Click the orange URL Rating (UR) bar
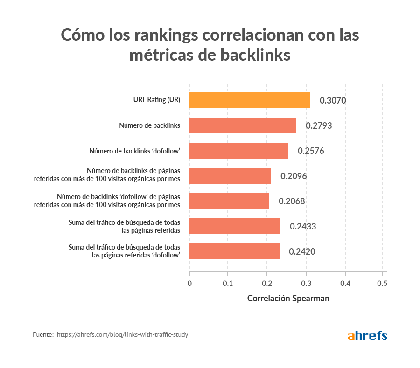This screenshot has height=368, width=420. tap(250, 100)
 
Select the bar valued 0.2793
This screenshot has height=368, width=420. tap(243, 125)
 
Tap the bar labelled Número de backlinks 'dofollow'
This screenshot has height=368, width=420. tap(238, 151)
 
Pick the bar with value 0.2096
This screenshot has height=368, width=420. tap(230, 176)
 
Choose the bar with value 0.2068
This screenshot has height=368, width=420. tap(229, 201)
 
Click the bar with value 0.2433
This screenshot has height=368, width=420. tap(235, 226)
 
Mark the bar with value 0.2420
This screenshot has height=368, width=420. tap(234, 251)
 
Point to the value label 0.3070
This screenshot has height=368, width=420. tap(333, 100)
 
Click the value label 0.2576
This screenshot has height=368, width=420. tap(311, 151)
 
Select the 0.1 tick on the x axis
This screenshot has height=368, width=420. tap(228, 283)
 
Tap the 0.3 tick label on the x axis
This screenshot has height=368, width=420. tap(306, 283)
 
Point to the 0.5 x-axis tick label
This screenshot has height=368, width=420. tap(382, 283)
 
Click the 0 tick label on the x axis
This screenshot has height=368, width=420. tap(189, 283)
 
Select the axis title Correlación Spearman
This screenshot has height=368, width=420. tap(288, 299)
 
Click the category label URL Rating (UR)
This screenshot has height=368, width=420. tap(157, 100)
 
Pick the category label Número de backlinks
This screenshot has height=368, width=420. tap(150, 125)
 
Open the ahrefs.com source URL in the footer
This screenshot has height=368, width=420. tap(122, 335)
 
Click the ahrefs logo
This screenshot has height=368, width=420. tap(368, 335)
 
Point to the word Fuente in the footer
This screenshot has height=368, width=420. tap(43, 335)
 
